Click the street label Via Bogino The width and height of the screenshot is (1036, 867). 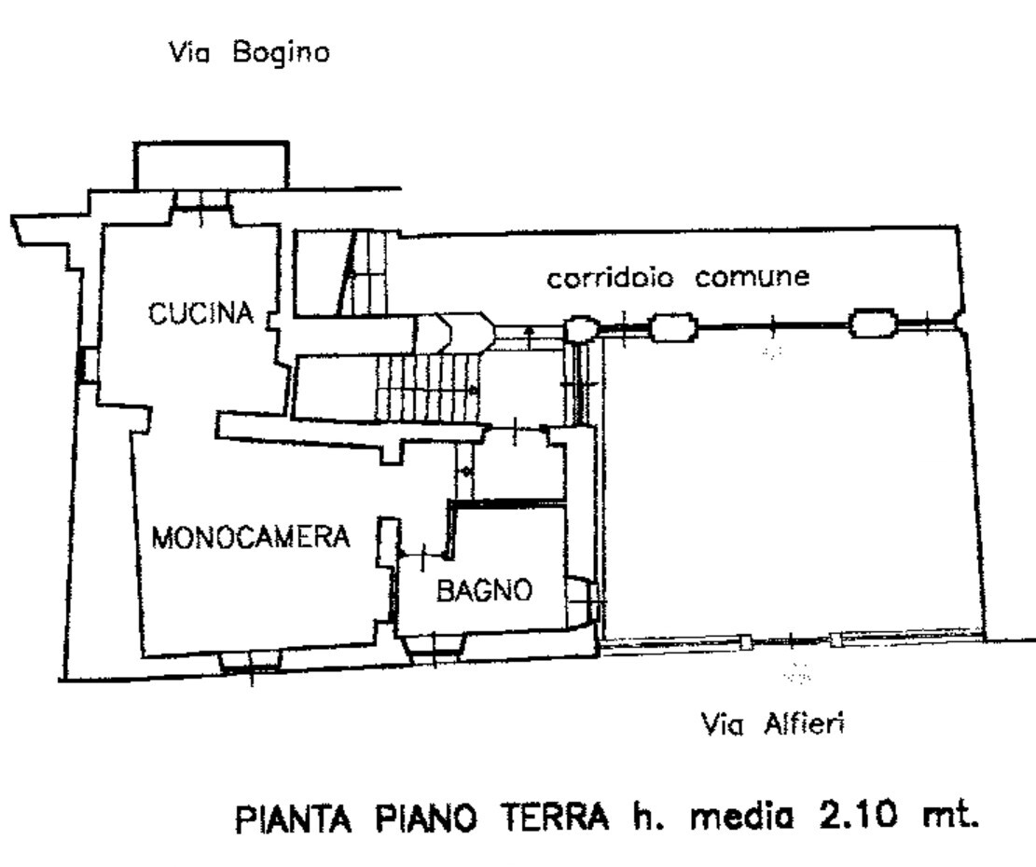247,54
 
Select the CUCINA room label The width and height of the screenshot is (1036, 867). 201,314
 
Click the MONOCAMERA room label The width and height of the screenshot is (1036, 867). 251,538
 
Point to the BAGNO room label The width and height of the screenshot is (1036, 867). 484,590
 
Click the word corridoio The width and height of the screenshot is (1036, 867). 610,278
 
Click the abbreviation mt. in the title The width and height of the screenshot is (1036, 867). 948,820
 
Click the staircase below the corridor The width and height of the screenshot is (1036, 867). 424,384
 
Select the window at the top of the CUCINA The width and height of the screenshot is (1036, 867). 201,199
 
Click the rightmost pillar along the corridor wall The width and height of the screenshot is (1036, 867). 873,323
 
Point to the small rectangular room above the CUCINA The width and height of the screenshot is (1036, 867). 210,166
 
